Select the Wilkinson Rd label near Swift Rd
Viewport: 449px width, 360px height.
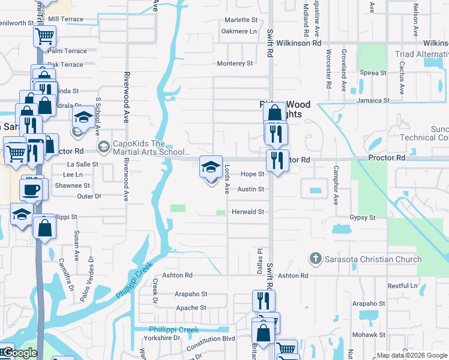(299, 43)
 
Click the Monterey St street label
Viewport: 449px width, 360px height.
(235, 64)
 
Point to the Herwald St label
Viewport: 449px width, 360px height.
(249, 212)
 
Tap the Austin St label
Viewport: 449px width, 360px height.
(251, 189)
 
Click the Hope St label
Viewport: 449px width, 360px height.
(252, 174)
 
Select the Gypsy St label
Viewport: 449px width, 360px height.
(363, 217)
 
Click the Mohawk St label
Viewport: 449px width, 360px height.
(369, 334)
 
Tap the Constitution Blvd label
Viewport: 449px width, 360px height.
(210, 339)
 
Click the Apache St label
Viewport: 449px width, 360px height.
(191, 308)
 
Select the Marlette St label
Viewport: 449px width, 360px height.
(241, 20)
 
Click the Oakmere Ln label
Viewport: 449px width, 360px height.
(239, 31)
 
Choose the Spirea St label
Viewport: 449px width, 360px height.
(373, 73)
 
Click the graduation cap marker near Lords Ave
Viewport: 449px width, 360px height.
(210, 167)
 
